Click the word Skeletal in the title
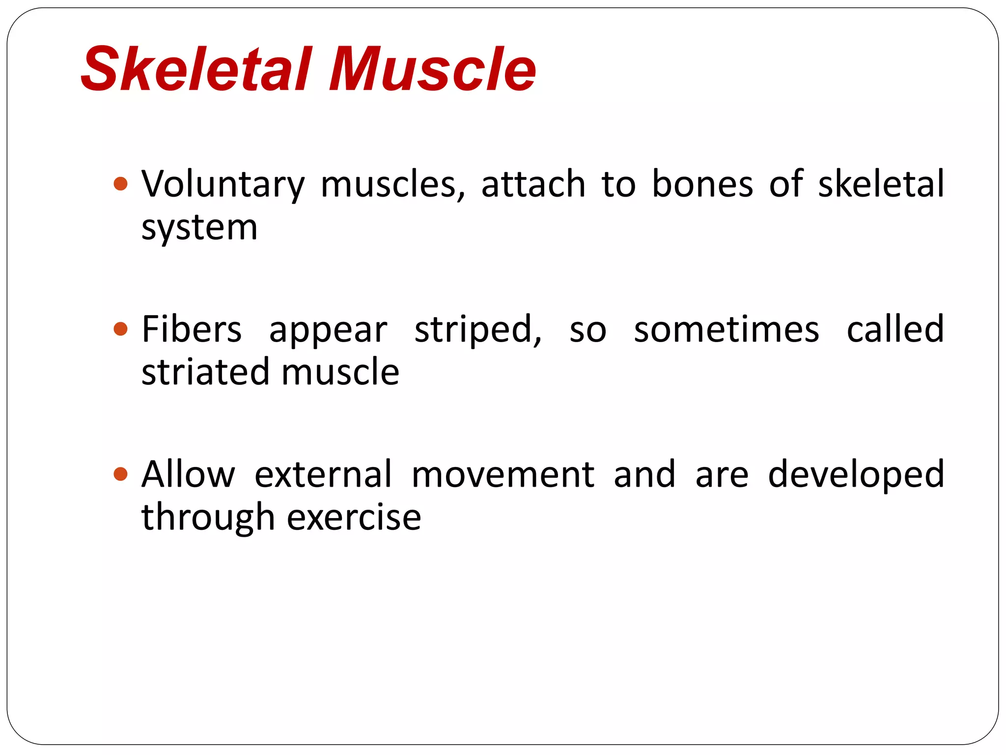tap(196, 69)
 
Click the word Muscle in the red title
tap(432, 69)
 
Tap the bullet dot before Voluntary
tap(120, 184)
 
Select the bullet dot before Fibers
tap(120, 329)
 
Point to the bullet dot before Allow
tap(120, 474)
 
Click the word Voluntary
tap(223, 184)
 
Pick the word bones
tap(702, 184)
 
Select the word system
tap(199, 229)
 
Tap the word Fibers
tap(192, 329)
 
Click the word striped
tap(477, 329)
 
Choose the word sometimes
tap(727, 329)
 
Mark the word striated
tap(204, 372)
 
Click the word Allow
tap(188, 474)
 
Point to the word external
tap(323, 474)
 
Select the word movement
tap(503, 474)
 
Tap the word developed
tap(856, 474)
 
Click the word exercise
tap(354, 518)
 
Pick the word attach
tap(533, 184)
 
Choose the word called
tap(895, 329)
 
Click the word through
tap(207, 518)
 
